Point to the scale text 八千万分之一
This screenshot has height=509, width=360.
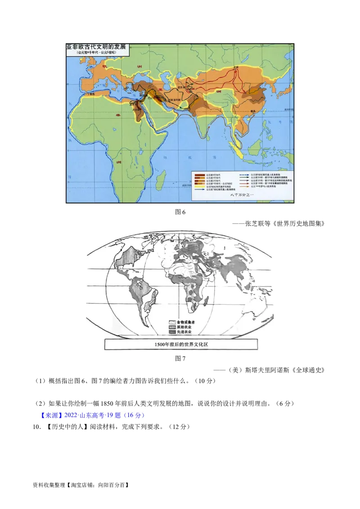click(x=242, y=195)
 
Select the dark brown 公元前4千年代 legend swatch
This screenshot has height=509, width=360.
click(x=199, y=174)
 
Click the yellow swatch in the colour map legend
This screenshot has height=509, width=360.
click(x=199, y=187)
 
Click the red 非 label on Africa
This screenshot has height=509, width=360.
click(x=118, y=115)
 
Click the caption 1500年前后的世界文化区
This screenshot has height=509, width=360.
click(x=181, y=344)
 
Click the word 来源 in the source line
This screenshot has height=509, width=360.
click(x=47, y=415)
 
